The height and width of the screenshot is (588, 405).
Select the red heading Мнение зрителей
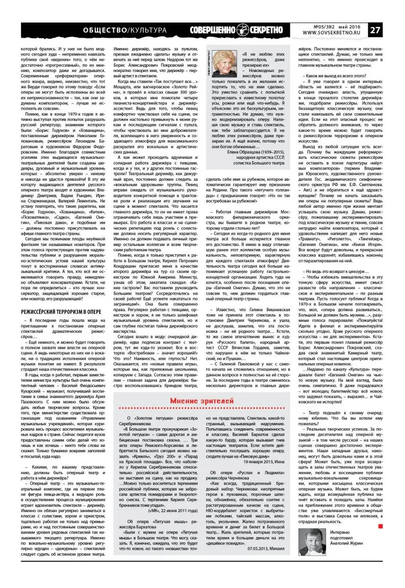tap(200, 402)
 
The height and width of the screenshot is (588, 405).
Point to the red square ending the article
tap(380, 526)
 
